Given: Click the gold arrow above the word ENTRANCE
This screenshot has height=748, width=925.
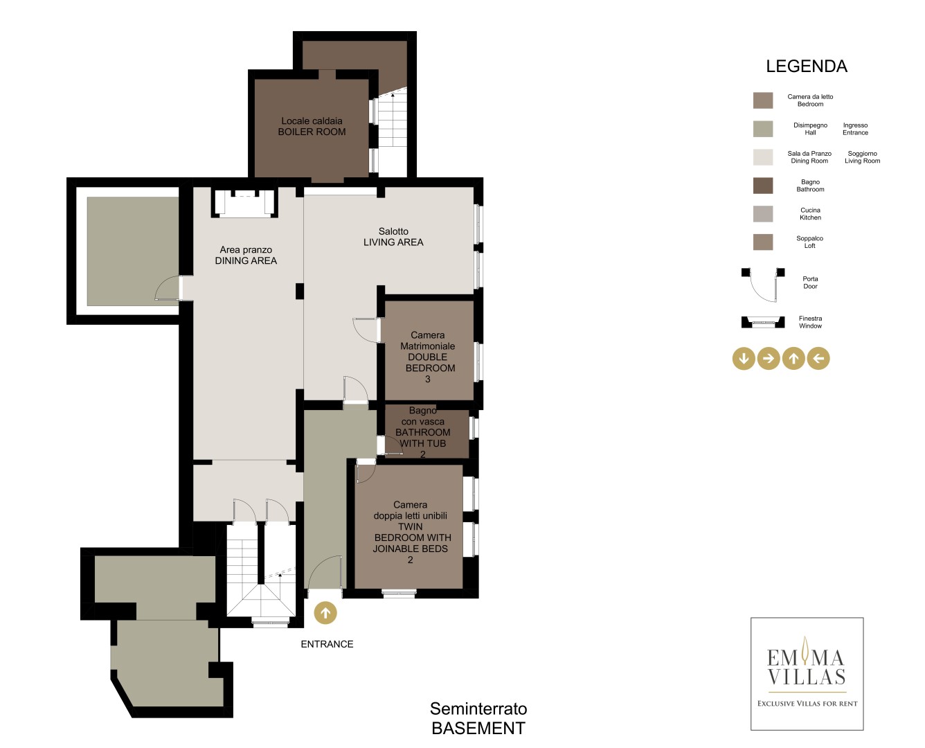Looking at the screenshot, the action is point(325,613).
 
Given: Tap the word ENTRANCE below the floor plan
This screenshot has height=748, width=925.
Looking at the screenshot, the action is point(327,644).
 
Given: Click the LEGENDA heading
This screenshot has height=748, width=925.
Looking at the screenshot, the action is point(807,66).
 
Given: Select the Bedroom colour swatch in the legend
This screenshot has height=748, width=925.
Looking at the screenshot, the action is point(762,100).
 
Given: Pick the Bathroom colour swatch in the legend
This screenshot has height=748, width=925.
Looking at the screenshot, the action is point(762,186).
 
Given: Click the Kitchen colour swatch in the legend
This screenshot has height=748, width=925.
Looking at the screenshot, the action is point(762,214).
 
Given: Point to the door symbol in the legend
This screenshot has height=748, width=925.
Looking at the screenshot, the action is point(762,285).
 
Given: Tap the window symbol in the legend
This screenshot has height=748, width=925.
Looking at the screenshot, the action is point(762,322).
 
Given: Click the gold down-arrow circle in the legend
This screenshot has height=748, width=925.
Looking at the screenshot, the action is point(744,358).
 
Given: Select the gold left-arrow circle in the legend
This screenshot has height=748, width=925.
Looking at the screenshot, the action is point(818,358).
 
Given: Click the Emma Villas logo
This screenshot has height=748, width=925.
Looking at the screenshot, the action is point(807,674).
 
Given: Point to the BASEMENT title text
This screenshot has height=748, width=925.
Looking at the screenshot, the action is point(478,729).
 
